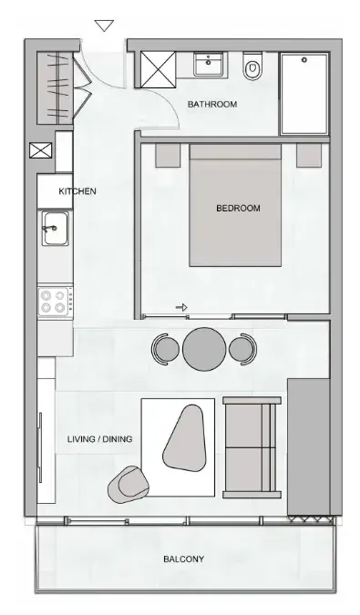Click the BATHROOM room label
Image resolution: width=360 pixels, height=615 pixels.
212,105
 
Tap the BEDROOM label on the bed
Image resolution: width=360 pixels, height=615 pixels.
238,208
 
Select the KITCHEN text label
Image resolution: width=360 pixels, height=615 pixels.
77,191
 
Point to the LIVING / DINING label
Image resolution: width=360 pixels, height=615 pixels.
99,439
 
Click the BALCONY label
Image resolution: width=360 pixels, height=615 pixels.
183,559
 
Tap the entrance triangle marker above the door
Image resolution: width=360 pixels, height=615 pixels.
104,26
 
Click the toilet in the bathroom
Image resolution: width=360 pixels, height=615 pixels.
252,67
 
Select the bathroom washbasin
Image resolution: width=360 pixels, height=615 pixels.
209,64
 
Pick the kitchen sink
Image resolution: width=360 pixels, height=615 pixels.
55,229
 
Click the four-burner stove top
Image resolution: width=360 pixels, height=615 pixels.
55,302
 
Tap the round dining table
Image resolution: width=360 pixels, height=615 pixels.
204,349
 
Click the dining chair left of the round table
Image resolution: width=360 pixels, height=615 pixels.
166,349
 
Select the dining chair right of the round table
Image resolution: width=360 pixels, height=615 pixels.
243,349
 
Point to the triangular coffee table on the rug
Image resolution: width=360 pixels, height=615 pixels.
184,437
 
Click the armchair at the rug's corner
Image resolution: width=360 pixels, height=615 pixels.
129,485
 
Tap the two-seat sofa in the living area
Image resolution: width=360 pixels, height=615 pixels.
252,447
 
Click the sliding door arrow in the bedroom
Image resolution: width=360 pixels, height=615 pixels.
181,308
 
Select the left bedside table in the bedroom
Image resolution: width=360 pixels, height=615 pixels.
168,155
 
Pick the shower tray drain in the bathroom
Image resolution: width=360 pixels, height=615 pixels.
304,60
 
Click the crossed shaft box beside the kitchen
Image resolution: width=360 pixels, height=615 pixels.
41,150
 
